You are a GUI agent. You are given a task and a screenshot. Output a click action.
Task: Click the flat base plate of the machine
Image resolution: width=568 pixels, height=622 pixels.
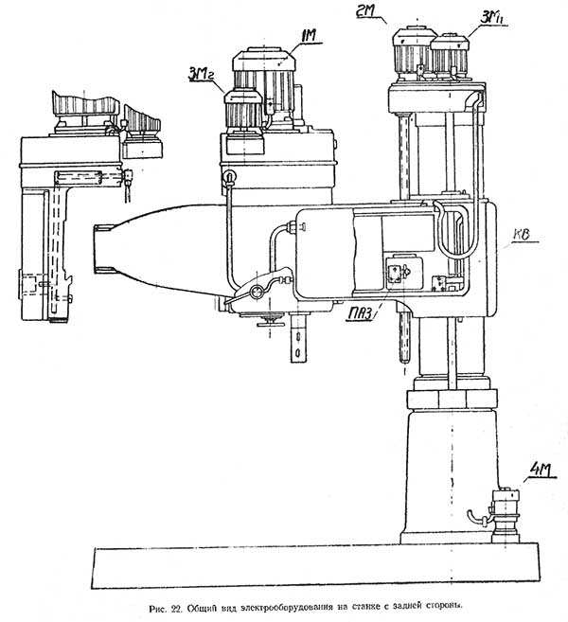tap(312, 568)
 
